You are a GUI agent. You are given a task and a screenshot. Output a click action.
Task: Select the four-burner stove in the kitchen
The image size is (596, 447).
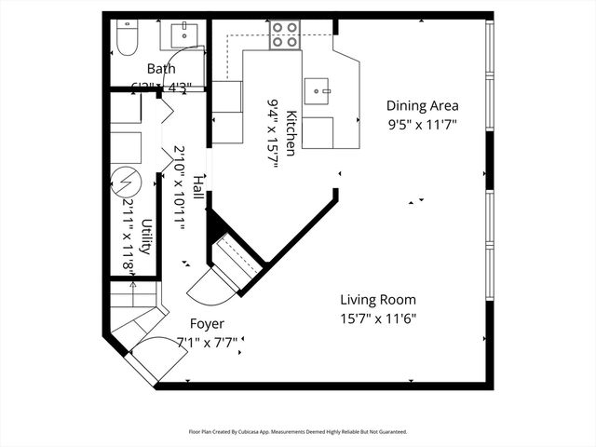click(285, 35)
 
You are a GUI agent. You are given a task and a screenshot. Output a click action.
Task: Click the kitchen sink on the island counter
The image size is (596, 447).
click(321, 90)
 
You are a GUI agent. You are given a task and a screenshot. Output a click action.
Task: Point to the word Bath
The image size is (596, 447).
click(161, 69)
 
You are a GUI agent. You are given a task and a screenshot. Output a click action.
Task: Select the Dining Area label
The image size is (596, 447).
click(422, 106)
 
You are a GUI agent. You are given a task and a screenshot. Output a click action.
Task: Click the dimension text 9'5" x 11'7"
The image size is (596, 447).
click(422, 123)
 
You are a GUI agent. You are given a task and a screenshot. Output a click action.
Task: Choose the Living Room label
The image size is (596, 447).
click(377, 300)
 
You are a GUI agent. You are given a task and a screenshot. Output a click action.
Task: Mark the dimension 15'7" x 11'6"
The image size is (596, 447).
click(377, 318)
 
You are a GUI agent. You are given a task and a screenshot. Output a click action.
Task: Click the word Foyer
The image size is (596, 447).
click(207, 324)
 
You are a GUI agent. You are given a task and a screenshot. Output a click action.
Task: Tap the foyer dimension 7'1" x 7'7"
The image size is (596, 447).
click(207, 342)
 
